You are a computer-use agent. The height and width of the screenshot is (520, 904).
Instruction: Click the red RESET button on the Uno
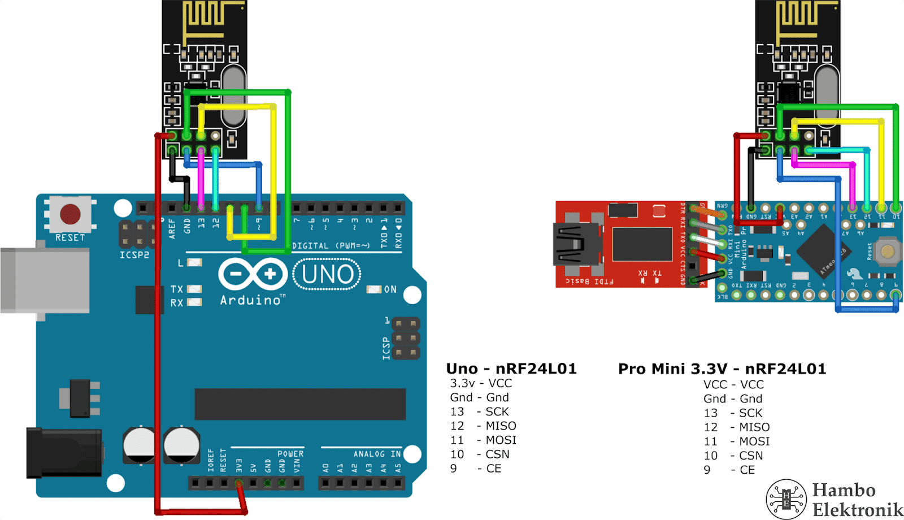(x=70, y=214)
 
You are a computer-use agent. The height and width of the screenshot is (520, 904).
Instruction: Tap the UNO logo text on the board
(x=327, y=275)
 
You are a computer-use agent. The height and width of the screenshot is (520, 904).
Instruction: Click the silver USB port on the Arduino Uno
(x=45, y=280)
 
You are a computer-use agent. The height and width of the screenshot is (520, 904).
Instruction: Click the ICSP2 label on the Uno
(x=134, y=255)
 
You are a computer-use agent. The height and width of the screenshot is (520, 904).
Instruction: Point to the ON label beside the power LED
(x=390, y=289)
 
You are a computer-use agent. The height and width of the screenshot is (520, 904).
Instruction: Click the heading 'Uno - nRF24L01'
(x=511, y=369)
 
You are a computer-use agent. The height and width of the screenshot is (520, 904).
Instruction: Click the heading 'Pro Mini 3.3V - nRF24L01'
(x=722, y=369)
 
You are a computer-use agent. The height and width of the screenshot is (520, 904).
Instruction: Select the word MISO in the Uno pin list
(x=501, y=426)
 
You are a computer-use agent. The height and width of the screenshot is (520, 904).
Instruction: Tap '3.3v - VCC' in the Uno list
(x=481, y=383)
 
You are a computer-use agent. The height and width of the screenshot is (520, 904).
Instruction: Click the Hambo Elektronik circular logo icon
(x=786, y=499)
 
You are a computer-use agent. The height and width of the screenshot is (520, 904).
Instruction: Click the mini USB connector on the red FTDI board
(x=576, y=244)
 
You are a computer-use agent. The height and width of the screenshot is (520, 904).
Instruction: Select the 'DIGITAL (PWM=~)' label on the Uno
(x=331, y=245)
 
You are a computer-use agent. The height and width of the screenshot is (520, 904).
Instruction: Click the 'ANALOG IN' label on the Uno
(x=377, y=454)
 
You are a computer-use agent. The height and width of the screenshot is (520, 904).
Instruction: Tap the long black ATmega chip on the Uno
(x=300, y=404)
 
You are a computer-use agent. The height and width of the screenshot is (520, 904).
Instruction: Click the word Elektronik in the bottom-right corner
(x=858, y=509)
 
